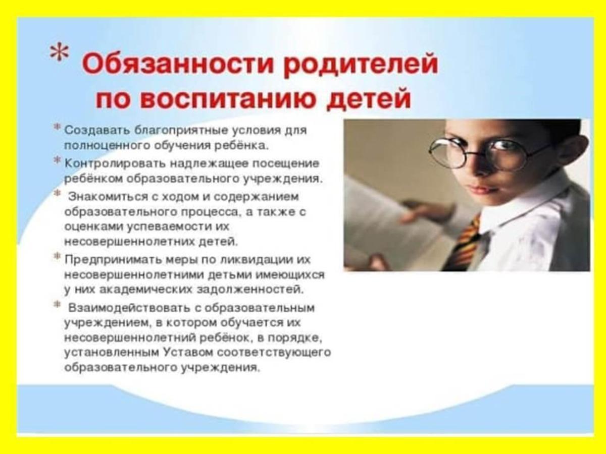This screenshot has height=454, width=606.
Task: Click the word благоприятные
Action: tap(181, 131)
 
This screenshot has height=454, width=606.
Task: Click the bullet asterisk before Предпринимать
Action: tap(57, 256)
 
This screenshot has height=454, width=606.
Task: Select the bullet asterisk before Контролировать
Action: tap(57, 160)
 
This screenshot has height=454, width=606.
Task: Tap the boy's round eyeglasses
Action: tap(486, 152)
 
